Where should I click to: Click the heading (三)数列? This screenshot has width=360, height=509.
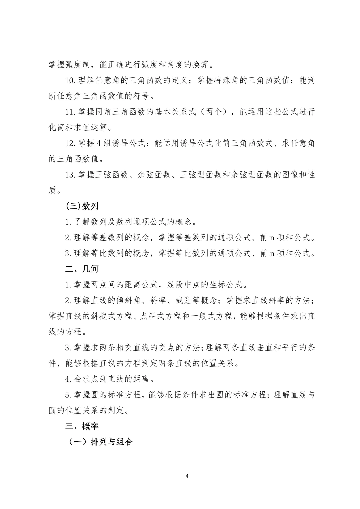[82, 206]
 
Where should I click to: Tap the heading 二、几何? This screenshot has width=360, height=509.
[82, 269]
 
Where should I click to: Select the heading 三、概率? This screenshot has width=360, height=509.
[82, 426]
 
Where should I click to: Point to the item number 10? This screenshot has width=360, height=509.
[71, 81]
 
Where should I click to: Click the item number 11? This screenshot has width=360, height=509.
[71, 112]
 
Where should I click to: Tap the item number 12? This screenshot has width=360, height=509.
[71, 143]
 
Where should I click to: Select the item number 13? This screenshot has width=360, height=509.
[71, 175]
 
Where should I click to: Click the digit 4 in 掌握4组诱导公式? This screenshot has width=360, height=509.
[99, 143]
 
